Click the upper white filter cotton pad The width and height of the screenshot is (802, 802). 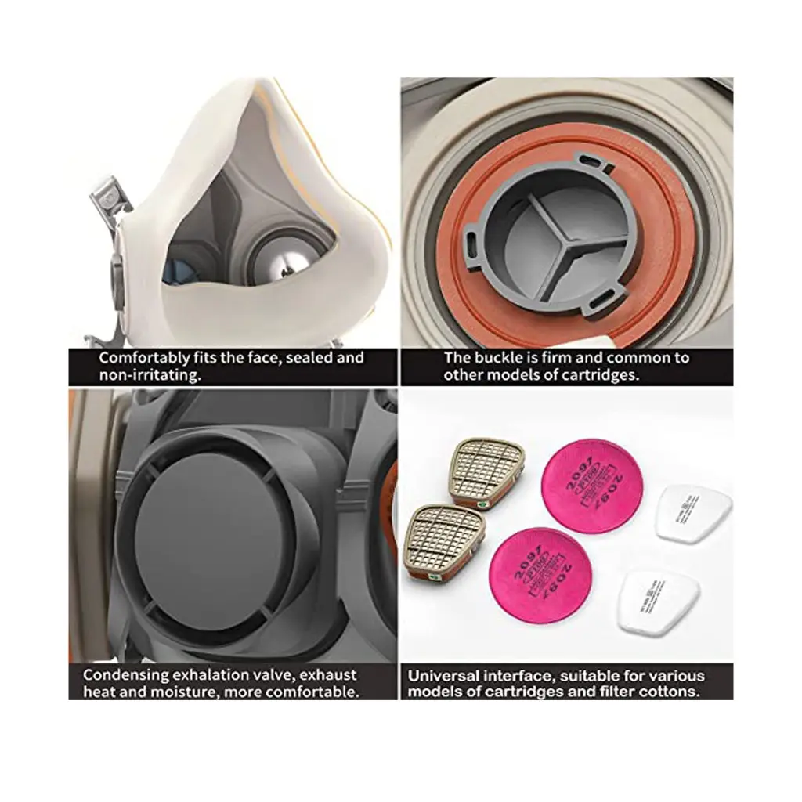tap(692, 513)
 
